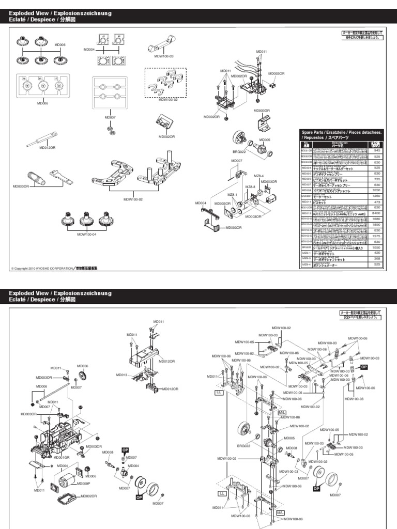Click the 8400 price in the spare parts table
[x=377, y=212]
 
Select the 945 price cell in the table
[x=377, y=150]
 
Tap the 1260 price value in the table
[x=377, y=196]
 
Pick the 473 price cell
[x=377, y=201]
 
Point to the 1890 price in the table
[x=377, y=224]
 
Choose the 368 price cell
[x=377, y=258]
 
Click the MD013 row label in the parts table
[x=306, y=213]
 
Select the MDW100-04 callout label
[x=87, y=234]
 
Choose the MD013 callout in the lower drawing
[x=122, y=375]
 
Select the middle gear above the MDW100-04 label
[x=87, y=221]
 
